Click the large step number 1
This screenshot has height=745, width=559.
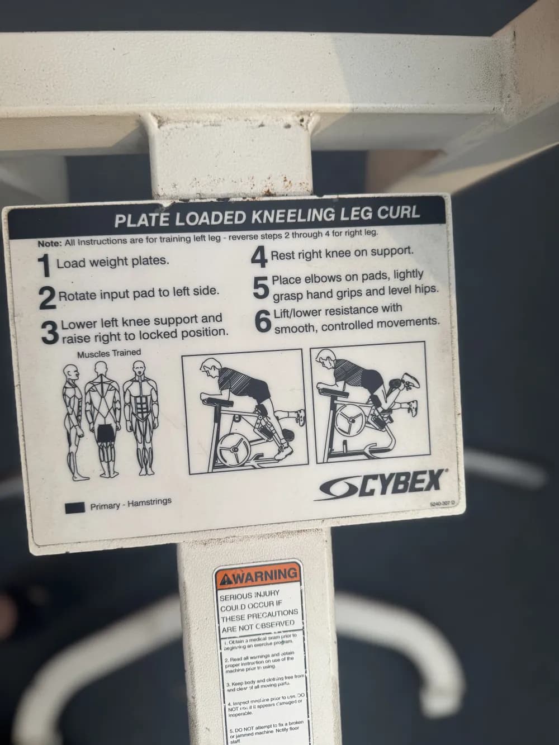click(x=45, y=266)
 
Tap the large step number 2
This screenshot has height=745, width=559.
click(x=47, y=298)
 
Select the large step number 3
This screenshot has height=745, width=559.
click(x=50, y=332)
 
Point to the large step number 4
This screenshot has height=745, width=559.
click(x=258, y=258)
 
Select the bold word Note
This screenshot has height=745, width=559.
click(x=49, y=243)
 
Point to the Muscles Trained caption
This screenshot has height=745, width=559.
click(x=109, y=354)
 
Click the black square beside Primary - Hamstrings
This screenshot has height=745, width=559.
click(x=75, y=507)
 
